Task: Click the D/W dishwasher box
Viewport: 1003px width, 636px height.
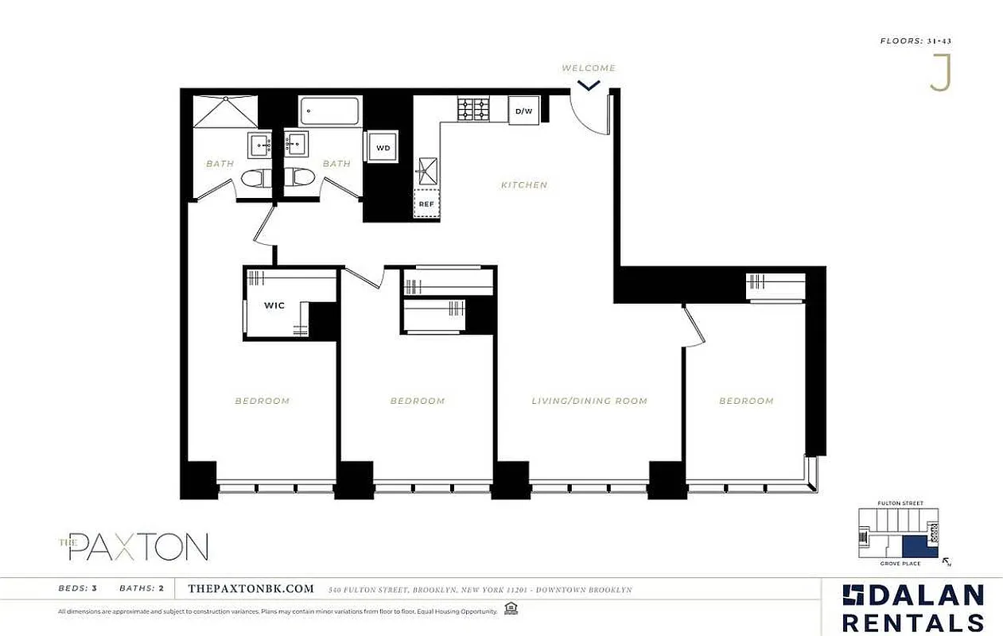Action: [523, 111]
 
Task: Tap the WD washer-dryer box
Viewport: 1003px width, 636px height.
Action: [383, 148]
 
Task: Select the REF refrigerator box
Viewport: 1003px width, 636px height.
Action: [426, 204]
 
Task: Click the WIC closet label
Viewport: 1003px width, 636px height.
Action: [274, 305]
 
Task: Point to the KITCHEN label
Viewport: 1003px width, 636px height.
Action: [524, 185]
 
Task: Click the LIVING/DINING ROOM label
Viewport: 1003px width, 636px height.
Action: [589, 401]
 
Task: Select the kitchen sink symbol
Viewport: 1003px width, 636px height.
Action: [427, 169]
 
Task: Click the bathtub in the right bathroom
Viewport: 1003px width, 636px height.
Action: [329, 111]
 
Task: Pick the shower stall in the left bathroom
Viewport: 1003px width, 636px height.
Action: [226, 112]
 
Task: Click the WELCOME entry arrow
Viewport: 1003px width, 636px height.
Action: [589, 83]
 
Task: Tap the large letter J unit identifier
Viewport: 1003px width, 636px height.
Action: [940, 74]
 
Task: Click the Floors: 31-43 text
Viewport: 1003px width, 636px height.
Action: [915, 40]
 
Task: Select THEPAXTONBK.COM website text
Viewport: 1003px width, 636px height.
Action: [251, 589]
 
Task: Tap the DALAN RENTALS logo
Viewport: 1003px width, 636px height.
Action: [913, 608]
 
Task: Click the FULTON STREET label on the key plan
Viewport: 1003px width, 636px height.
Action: [899, 503]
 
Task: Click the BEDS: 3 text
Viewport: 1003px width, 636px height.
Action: [78, 589]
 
